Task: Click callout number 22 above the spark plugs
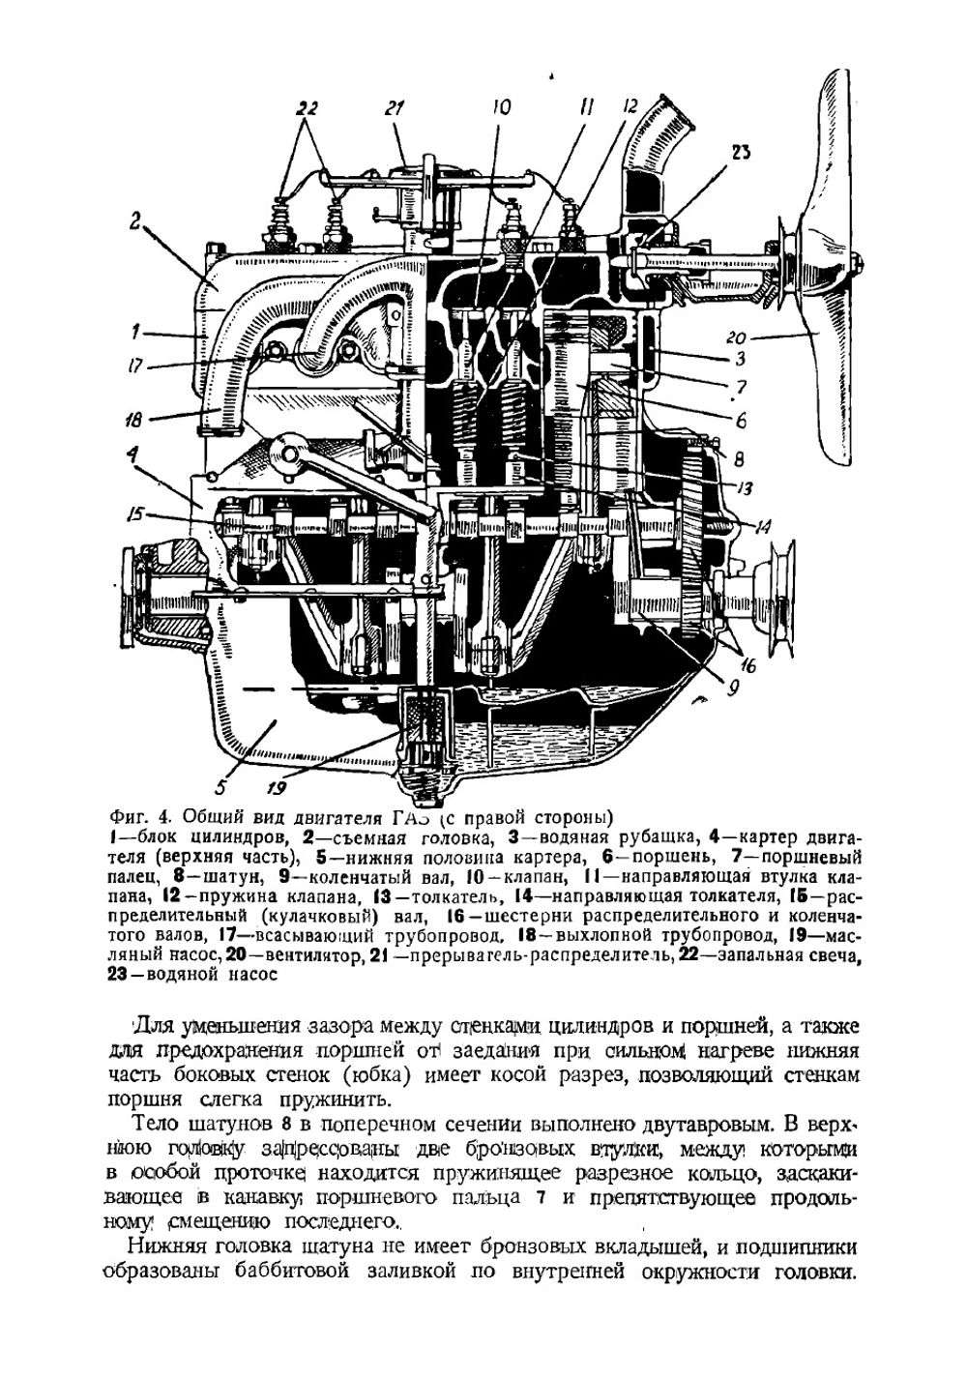306,109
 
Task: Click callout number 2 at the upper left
136,220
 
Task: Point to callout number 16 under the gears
748,666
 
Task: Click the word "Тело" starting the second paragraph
155,1124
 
